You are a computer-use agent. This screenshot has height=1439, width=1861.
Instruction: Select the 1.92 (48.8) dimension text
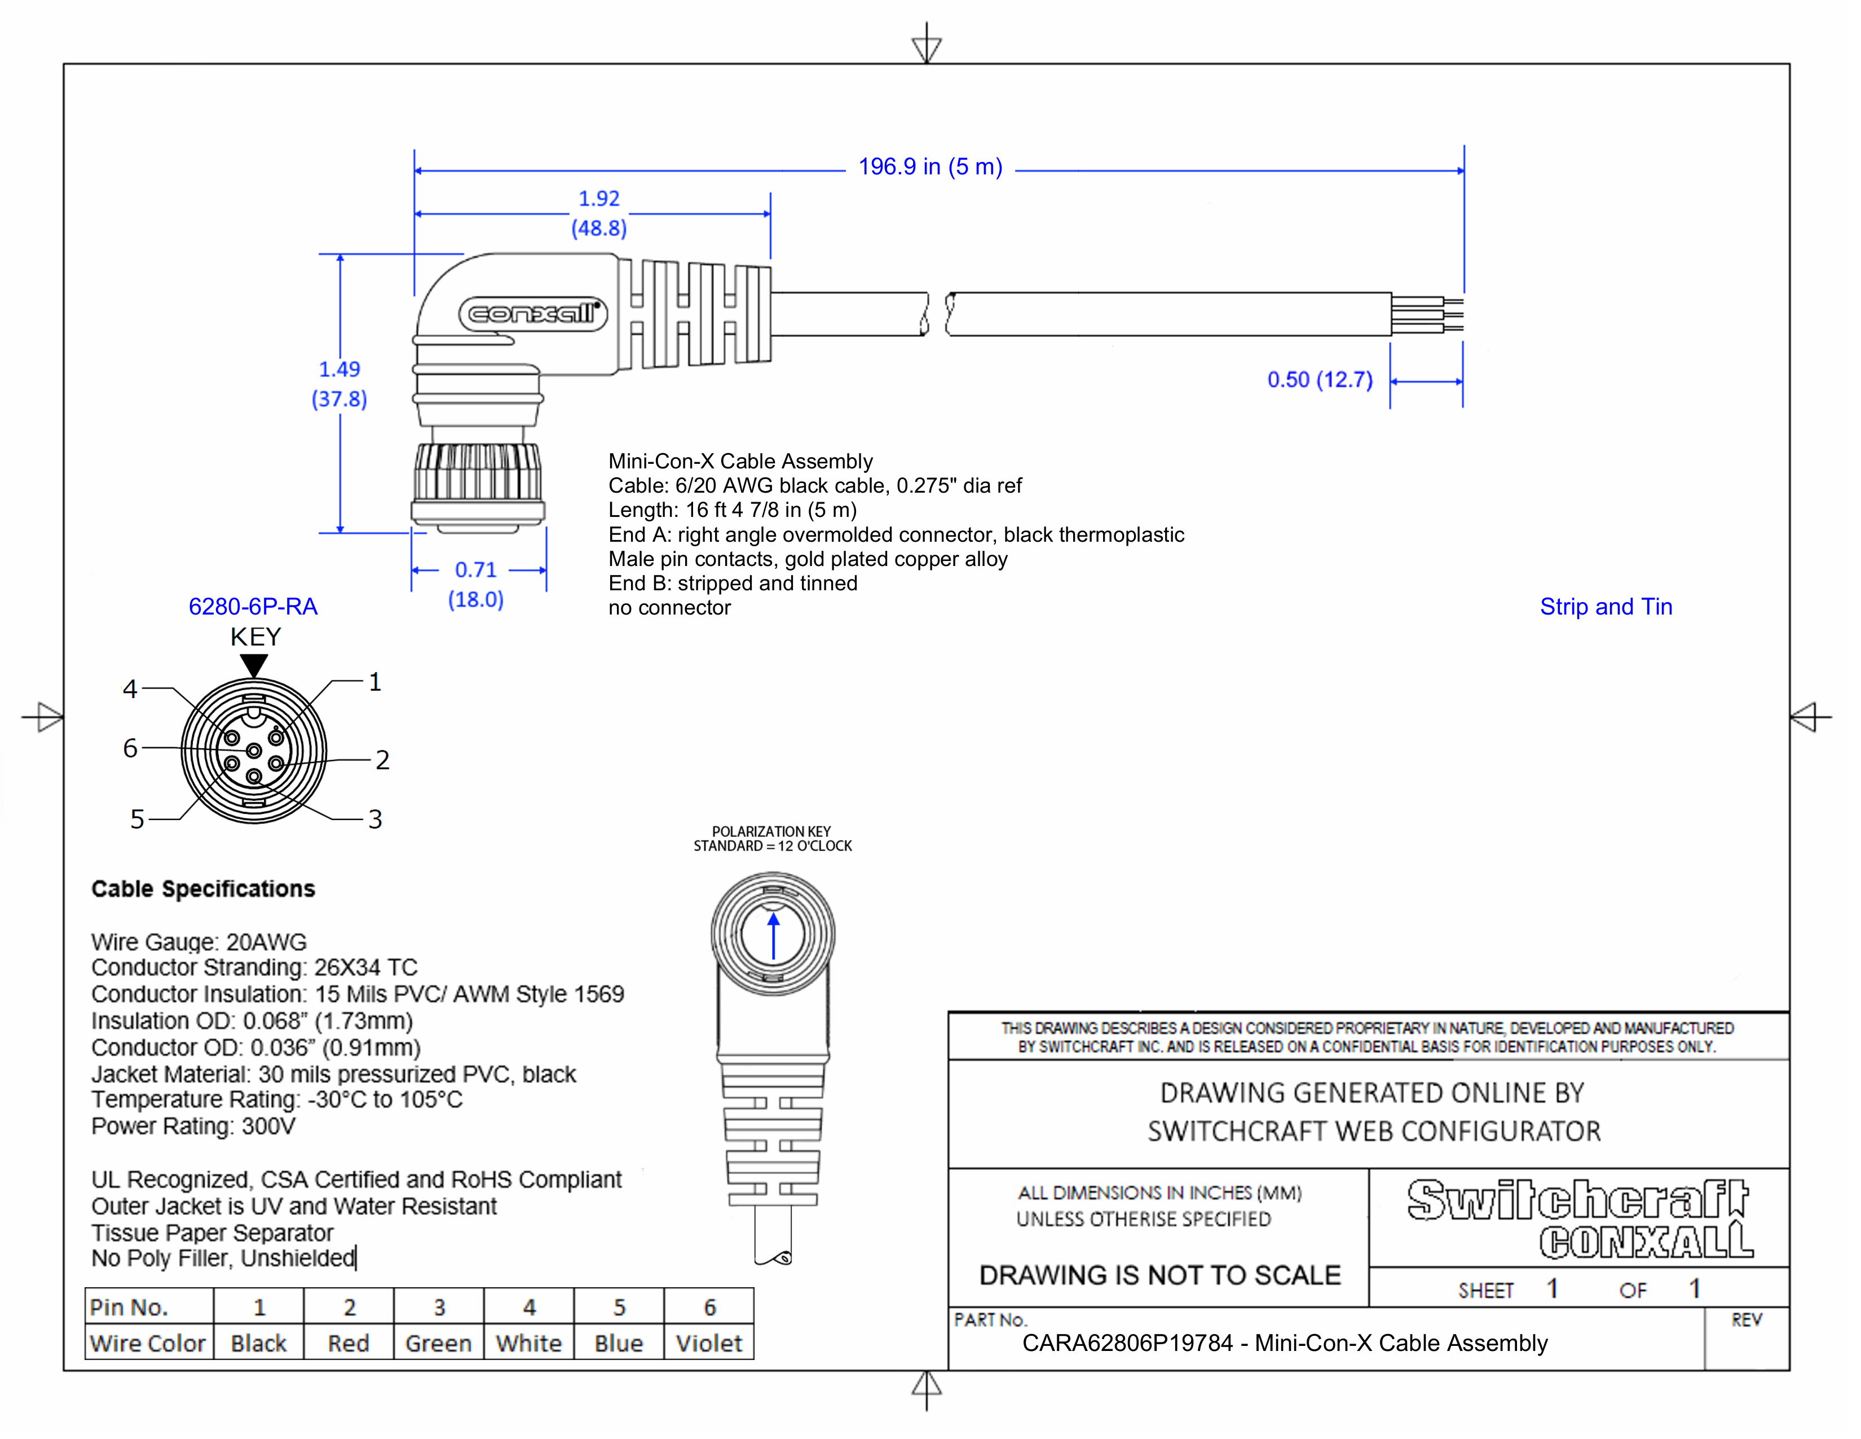click(x=599, y=213)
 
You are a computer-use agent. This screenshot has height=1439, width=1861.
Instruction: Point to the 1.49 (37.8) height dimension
click(x=339, y=384)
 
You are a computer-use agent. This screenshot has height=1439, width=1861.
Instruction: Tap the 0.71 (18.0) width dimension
click(x=475, y=584)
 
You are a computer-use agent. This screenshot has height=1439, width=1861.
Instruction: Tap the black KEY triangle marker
click(x=254, y=665)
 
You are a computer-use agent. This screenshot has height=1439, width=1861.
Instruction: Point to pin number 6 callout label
click(x=130, y=748)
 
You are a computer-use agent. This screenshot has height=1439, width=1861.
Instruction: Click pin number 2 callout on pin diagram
click(x=382, y=760)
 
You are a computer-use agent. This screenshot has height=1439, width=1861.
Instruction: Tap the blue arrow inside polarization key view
click(x=773, y=936)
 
